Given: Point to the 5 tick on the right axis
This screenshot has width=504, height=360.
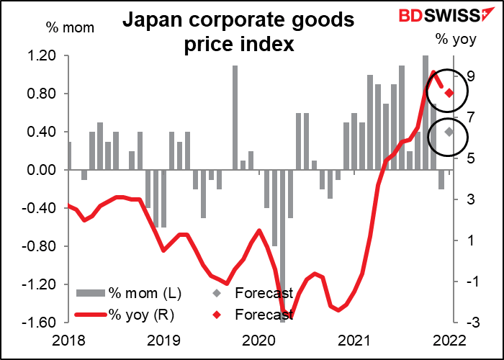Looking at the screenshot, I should tap(469, 158).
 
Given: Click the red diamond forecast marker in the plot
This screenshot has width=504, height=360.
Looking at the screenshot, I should tap(449, 93).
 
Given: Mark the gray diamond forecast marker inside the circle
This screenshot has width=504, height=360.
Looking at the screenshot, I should tap(449, 131).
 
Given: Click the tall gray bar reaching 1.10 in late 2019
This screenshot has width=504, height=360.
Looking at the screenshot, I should tap(235, 118).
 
